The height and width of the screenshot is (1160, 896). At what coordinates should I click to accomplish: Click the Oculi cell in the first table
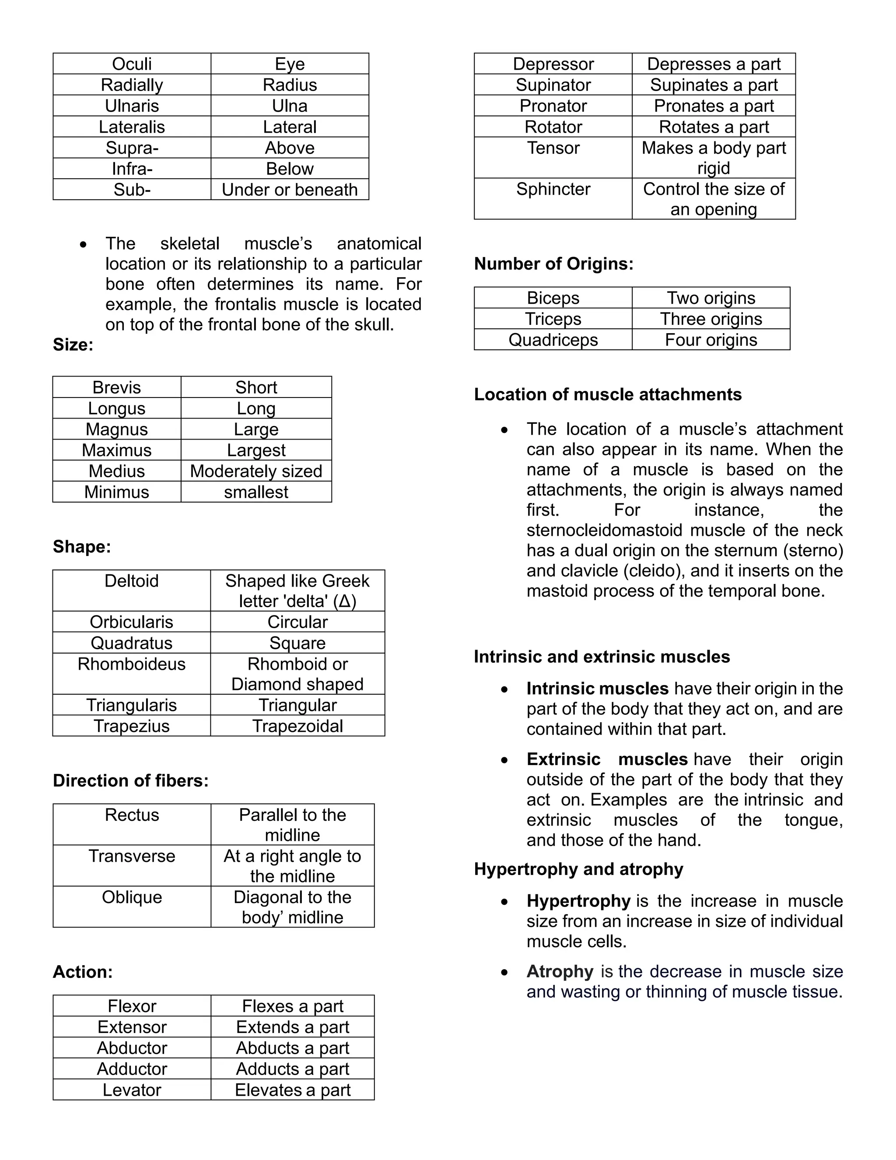coord(132,64)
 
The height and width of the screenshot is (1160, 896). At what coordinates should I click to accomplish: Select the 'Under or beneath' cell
coord(289,190)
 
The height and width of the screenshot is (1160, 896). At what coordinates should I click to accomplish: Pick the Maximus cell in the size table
coord(116,450)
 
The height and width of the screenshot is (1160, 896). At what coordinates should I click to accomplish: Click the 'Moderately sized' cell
coord(256,471)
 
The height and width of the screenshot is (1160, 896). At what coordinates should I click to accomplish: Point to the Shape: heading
coord(82,547)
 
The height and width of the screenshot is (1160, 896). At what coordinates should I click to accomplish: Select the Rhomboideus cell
coord(131,664)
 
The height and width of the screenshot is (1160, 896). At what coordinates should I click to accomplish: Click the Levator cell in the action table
coord(132,1090)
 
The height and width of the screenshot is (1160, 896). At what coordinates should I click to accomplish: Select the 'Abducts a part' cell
coord(293,1048)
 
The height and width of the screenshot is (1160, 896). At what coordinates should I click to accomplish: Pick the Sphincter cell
coord(553,189)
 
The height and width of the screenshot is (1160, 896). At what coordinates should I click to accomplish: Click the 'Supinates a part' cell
coord(714,85)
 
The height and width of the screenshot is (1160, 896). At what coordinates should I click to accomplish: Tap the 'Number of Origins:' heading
coord(553,264)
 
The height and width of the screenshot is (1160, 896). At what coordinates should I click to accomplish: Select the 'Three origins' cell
coord(711,319)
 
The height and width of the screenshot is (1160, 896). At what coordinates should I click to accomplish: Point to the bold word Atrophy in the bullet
coord(560,971)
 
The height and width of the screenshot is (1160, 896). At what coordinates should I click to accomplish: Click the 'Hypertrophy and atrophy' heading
coord(578,869)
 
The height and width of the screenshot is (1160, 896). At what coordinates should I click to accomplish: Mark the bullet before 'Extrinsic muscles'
coord(504,761)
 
